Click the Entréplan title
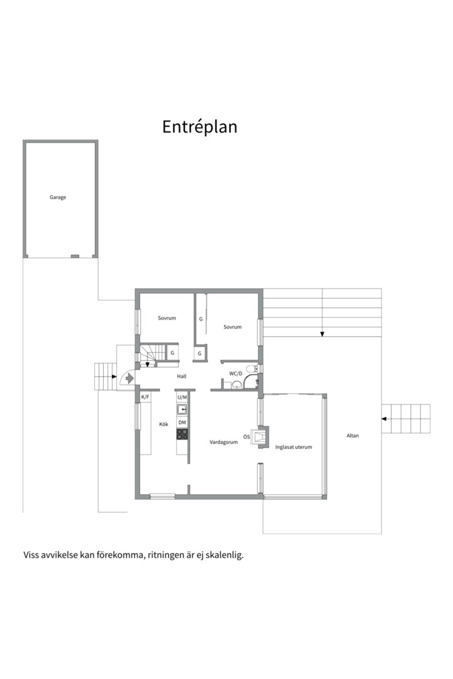point(200,126)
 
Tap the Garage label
point(58,197)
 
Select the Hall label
point(182,377)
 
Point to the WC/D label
point(236,373)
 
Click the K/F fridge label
point(145,397)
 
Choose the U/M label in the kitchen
point(182,397)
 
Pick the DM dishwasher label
point(182,422)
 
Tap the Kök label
point(164,424)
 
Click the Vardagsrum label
point(224,442)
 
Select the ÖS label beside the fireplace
point(246,437)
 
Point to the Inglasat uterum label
point(293,447)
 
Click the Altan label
point(352,436)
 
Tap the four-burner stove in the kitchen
point(182,434)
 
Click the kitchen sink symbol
point(182,409)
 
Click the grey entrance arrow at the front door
point(129,378)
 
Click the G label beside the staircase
point(172,353)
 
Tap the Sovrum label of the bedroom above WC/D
point(232,327)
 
